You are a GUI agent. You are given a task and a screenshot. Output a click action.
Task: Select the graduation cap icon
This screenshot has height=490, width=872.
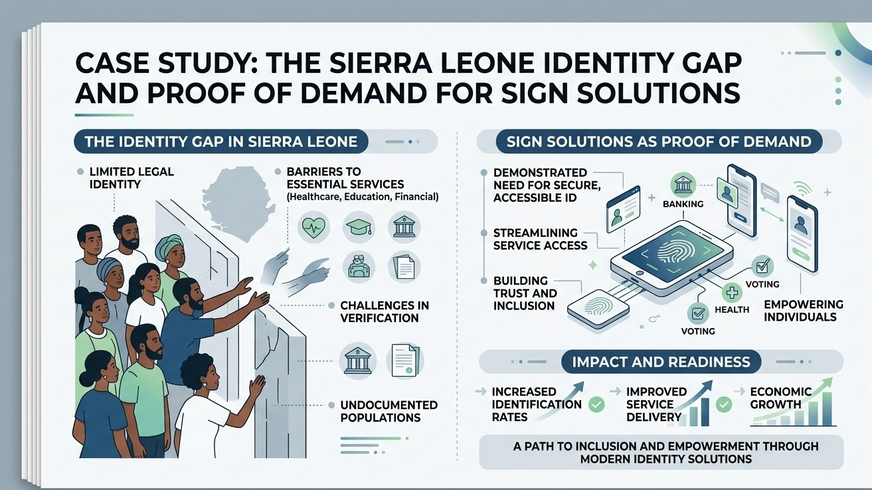click(360, 227)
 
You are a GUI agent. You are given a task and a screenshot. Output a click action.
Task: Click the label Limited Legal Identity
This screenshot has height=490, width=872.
click(122, 177)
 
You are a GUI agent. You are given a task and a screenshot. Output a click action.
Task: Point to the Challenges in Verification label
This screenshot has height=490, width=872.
click(384, 311)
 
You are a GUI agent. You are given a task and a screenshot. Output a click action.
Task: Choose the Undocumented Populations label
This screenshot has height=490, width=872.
click(389, 411)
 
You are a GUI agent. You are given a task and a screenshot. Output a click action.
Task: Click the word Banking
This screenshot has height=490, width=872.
click(683, 204)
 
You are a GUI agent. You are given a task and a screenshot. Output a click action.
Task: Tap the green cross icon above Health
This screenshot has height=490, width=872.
click(732, 293)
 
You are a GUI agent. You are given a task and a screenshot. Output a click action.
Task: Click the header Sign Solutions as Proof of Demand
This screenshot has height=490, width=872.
click(658, 141)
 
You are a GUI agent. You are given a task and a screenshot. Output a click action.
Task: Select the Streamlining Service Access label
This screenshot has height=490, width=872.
click(540, 239)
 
